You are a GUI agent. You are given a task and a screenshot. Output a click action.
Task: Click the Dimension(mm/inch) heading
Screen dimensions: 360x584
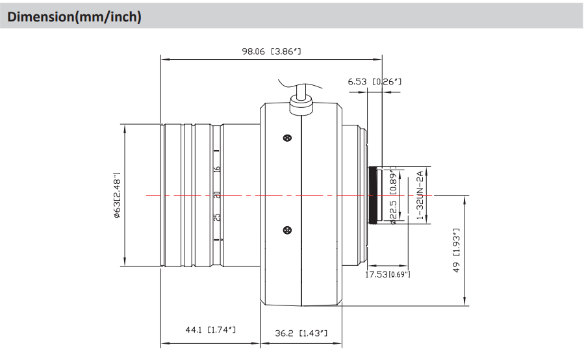(73, 17)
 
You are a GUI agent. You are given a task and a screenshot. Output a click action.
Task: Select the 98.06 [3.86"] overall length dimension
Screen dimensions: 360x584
(272, 51)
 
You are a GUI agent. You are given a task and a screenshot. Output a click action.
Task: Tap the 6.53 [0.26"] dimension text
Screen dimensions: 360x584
(375, 82)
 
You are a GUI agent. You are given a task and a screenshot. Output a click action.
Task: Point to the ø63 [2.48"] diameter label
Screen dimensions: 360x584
(118, 195)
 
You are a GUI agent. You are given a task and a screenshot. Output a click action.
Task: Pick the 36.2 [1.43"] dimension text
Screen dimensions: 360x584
(300, 334)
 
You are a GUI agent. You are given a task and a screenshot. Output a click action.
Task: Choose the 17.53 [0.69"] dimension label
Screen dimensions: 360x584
(388, 275)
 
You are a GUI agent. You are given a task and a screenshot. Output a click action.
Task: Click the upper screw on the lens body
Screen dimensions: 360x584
(286, 138)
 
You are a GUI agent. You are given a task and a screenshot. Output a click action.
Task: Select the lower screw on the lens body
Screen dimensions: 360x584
(286, 229)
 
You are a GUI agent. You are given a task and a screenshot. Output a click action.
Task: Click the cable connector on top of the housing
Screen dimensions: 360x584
(301, 103)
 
